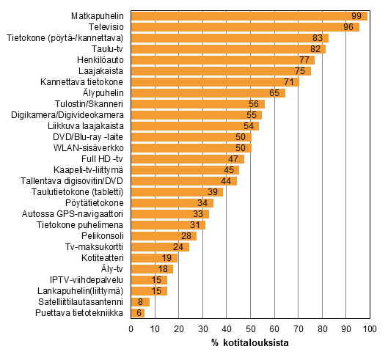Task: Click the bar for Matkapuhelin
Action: click(x=249, y=15)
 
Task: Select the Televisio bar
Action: click(x=245, y=26)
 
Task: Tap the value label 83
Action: click(x=318, y=37)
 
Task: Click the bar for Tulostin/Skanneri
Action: click(x=197, y=104)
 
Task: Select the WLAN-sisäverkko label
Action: click(x=92, y=148)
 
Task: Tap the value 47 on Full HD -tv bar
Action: click(x=233, y=158)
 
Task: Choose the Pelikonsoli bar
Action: click(x=164, y=236)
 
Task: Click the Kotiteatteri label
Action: click(x=103, y=258)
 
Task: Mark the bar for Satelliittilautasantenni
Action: click(x=140, y=302)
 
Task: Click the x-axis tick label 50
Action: click(x=250, y=329)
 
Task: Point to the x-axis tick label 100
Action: click(x=369, y=329)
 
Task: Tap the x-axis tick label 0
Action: click(x=131, y=329)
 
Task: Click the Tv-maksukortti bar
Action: click(x=159, y=247)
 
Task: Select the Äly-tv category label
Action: click(x=112, y=269)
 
